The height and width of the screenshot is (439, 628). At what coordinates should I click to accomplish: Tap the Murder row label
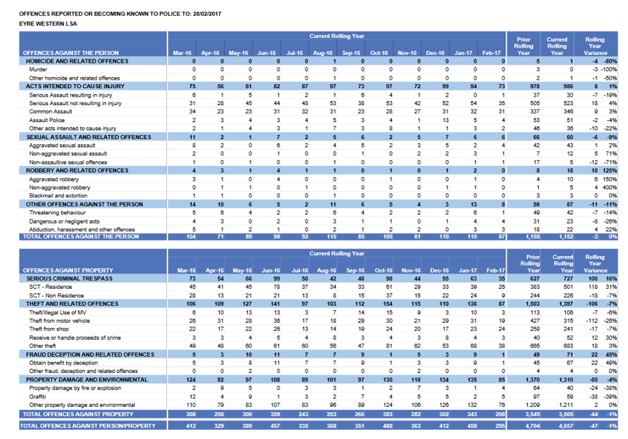38,69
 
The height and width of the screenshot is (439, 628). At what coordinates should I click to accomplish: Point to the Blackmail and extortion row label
58,195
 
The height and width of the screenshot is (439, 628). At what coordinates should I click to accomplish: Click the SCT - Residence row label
51,287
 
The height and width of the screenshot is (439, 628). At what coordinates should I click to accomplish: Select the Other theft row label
43,346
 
